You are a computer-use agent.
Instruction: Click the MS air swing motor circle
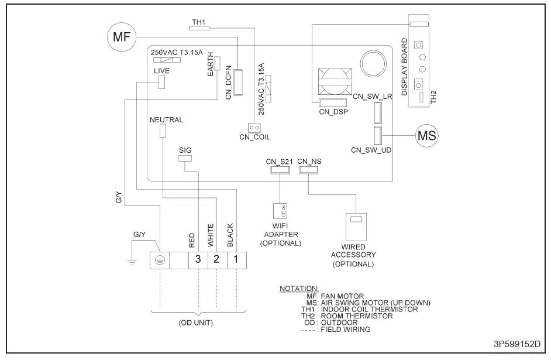pyautogui.click(x=425, y=135)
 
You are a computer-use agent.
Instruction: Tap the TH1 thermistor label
pyautogui.click(x=199, y=23)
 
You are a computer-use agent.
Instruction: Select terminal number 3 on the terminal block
pyautogui.click(x=198, y=259)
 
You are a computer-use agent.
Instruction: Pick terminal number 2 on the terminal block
pyautogui.click(x=216, y=259)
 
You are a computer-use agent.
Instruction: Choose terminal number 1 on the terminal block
pyautogui.click(x=236, y=259)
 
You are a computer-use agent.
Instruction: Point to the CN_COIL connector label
pyautogui.click(x=254, y=137)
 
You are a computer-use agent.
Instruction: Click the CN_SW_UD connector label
pyautogui.click(x=371, y=150)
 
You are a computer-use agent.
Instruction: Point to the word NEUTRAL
pyautogui.click(x=166, y=119)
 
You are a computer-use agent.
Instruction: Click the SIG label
pyautogui.click(x=185, y=150)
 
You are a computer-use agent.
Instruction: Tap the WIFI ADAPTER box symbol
pyautogui.click(x=281, y=210)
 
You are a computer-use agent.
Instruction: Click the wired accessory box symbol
pyautogui.click(x=354, y=224)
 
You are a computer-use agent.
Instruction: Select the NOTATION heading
pyautogui.click(x=299, y=289)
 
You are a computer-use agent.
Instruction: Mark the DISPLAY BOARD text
pyautogui.click(x=404, y=67)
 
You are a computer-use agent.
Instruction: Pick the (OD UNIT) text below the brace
pyautogui.click(x=196, y=322)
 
